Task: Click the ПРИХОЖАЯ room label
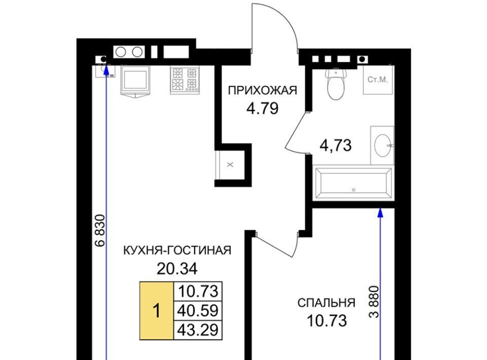click(x=262, y=90)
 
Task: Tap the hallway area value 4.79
click(x=262, y=109)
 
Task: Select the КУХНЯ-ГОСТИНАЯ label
click(x=178, y=250)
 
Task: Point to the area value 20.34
click(x=177, y=269)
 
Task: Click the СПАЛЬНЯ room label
click(x=326, y=303)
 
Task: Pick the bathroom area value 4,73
click(x=336, y=145)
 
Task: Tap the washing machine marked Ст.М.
click(x=377, y=80)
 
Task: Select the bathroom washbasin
click(x=382, y=145)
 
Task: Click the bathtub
click(x=354, y=183)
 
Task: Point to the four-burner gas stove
click(x=185, y=80)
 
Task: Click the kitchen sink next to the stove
click(x=135, y=81)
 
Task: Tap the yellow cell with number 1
click(x=157, y=311)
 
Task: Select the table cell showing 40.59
click(x=198, y=311)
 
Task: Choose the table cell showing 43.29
click(x=198, y=330)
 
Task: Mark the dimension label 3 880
click(x=374, y=301)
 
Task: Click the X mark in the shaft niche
click(x=230, y=165)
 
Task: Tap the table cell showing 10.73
click(x=198, y=292)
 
